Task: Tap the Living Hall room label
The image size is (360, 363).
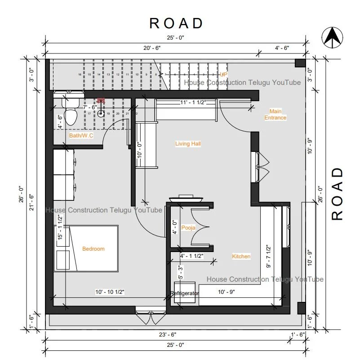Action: (x=188, y=144)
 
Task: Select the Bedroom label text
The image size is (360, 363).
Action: (x=93, y=249)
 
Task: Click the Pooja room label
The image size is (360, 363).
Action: (x=188, y=228)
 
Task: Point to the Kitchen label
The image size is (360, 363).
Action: (x=241, y=257)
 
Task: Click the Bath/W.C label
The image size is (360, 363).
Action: (x=81, y=135)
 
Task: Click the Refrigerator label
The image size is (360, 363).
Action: (x=184, y=293)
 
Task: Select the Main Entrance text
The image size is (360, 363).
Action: (x=275, y=115)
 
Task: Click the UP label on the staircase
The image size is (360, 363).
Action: (x=223, y=74)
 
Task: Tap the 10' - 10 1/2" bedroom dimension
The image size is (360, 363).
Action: (x=110, y=292)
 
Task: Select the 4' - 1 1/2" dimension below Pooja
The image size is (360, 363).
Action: (x=191, y=256)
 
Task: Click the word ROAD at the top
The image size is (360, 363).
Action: (x=176, y=23)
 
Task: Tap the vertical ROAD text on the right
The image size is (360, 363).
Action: (x=337, y=195)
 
